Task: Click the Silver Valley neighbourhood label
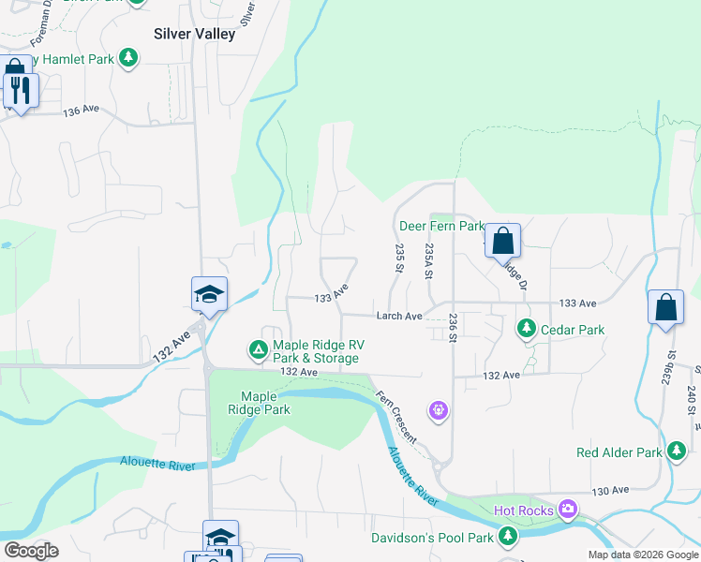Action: tap(194, 33)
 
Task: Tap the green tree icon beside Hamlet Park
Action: tap(128, 59)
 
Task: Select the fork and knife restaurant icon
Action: tap(19, 91)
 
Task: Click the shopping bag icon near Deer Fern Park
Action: tap(503, 241)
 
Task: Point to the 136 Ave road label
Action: tap(81, 111)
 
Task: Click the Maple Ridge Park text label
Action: tap(265, 403)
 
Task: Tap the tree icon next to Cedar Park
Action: tap(527, 330)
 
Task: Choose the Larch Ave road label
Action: tap(399, 317)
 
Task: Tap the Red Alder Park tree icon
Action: tap(676, 452)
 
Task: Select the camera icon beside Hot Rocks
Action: tap(567, 510)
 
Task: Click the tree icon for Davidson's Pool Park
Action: tap(507, 537)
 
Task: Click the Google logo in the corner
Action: tap(31, 551)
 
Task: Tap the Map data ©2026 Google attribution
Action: tap(642, 555)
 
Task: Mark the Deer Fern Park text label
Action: tap(441, 226)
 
